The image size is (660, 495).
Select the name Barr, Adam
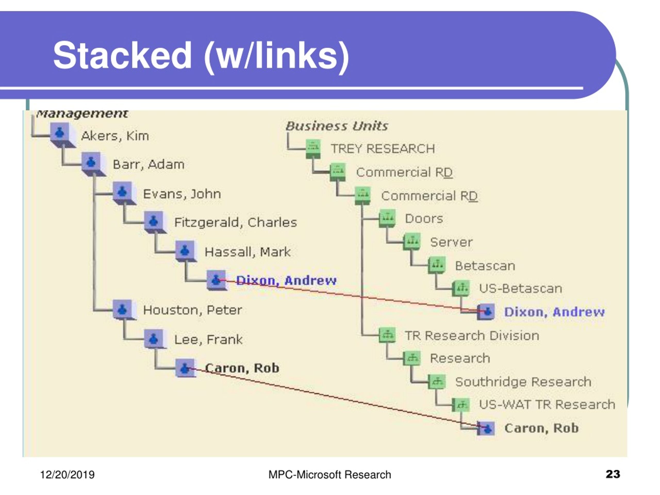pos(148,164)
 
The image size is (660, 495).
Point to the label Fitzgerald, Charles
pos(235,222)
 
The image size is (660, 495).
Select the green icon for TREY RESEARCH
pos(313,148)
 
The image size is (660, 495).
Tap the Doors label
pos(424,219)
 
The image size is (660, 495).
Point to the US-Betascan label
pos(520,288)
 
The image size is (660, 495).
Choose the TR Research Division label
pos(472,336)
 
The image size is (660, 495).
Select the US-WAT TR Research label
pos(547,405)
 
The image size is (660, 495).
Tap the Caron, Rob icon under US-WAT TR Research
pos(486,428)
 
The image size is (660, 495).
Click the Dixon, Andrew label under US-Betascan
pos(554,312)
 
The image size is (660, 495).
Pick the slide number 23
pos(613,474)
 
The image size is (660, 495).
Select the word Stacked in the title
pos(122,55)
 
